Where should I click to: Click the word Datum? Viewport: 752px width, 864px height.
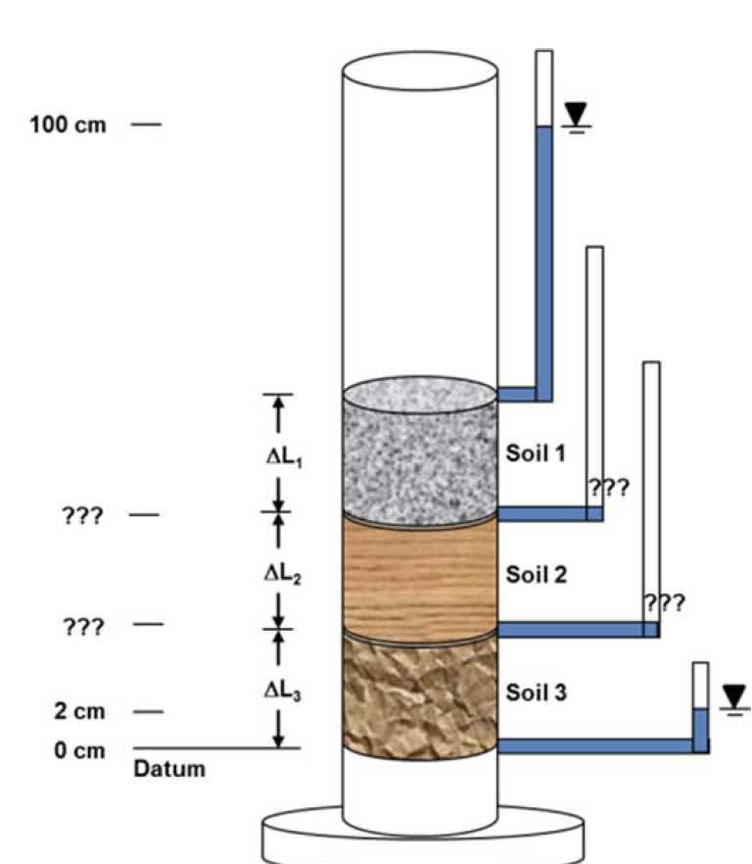tap(169, 769)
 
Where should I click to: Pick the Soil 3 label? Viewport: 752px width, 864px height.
tap(537, 693)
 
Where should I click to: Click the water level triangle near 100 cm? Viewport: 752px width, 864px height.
tap(577, 117)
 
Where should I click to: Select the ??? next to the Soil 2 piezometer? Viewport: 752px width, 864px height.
tap(664, 602)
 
